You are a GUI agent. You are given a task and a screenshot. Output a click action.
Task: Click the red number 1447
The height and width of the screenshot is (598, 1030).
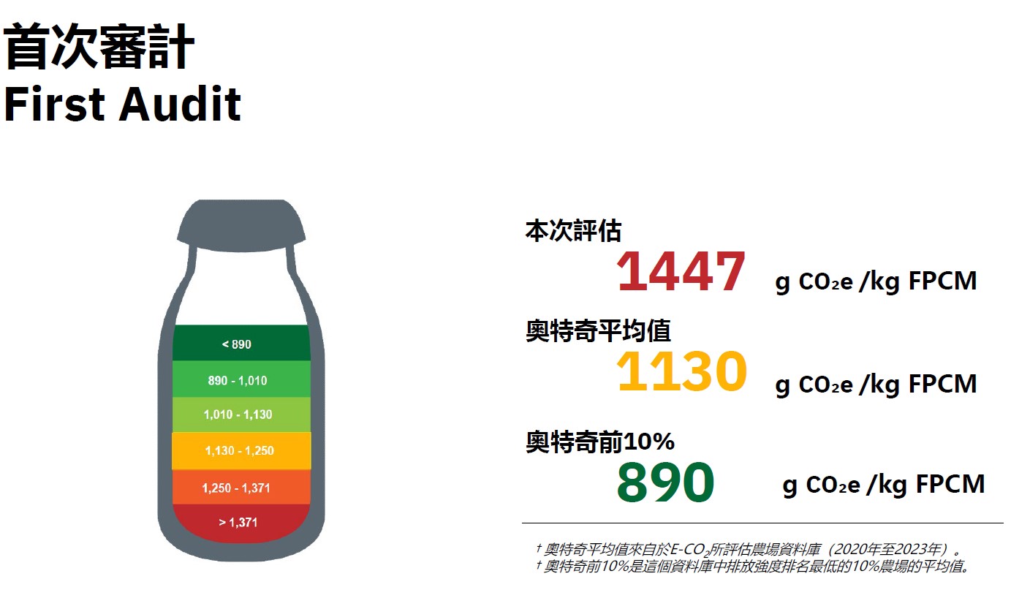[681, 272]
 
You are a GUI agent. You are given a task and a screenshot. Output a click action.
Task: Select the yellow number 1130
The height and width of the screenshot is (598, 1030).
[681, 371]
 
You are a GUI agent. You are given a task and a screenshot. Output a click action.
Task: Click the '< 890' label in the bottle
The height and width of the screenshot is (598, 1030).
[236, 344]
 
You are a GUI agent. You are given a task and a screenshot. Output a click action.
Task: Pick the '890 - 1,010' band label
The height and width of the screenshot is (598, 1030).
[238, 381]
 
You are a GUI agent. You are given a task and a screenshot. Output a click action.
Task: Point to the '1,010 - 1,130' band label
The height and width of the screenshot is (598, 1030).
[238, 415]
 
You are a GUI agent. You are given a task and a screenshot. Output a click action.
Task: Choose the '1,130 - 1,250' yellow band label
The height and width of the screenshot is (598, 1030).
[239, 450]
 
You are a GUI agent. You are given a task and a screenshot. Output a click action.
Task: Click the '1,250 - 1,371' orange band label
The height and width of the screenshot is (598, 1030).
[236, 488]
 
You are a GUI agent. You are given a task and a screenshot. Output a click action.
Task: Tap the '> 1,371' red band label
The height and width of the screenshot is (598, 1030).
[238, 522]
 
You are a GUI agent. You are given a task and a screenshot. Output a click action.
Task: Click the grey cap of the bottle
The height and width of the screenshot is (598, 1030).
[241, 225]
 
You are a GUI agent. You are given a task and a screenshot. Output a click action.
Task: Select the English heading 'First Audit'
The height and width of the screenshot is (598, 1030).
[122, 104]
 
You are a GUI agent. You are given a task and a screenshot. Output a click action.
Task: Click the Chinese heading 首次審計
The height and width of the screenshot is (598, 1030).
[99, 47]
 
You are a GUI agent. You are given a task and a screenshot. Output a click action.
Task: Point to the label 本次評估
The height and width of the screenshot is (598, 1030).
[573, 231]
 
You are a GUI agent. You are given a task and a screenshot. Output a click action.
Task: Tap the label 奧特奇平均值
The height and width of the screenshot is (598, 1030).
[598, 330]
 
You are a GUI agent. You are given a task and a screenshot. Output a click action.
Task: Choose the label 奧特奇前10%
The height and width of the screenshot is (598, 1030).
[600, 442]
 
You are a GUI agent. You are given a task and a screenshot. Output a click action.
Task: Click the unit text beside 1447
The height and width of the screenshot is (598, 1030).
[876, 281]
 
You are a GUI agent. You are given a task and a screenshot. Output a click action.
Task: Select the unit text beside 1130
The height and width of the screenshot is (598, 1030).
[876, 385]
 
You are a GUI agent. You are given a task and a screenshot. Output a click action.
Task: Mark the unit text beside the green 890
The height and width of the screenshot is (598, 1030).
[883, 485]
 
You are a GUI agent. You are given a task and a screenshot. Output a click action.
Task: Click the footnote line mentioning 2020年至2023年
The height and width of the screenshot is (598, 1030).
[749, 549]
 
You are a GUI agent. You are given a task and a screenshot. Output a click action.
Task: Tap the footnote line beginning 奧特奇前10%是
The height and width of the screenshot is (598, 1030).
[753, 567]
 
